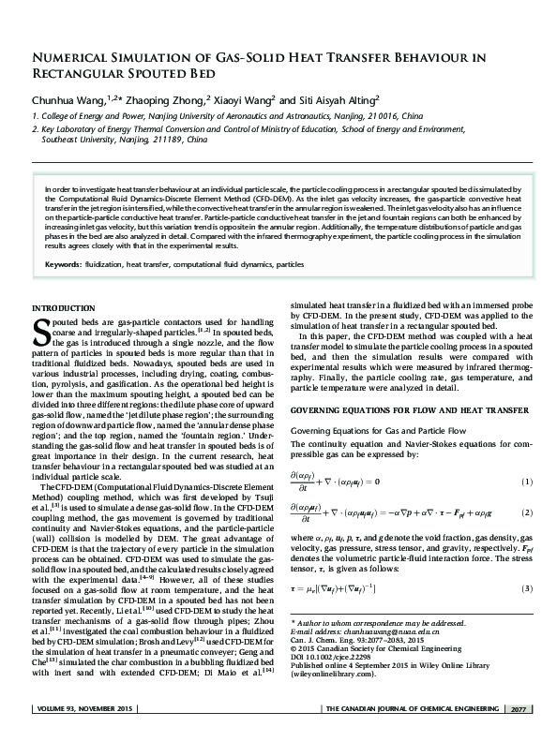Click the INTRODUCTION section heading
(x=66, y=308)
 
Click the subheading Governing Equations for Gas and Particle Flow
(x=367, y=429)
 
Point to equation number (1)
(x=526, y=482)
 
